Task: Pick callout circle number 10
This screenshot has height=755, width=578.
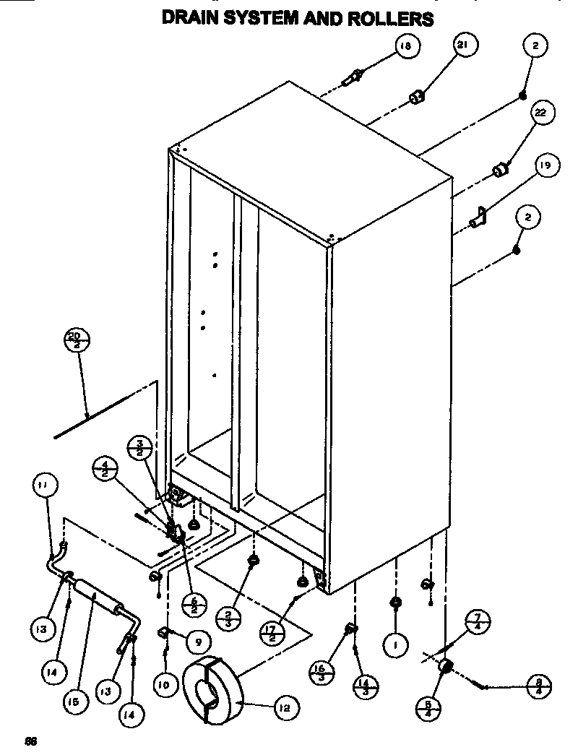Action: [x=164, y=683]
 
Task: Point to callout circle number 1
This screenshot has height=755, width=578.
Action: [x=396, y=644]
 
